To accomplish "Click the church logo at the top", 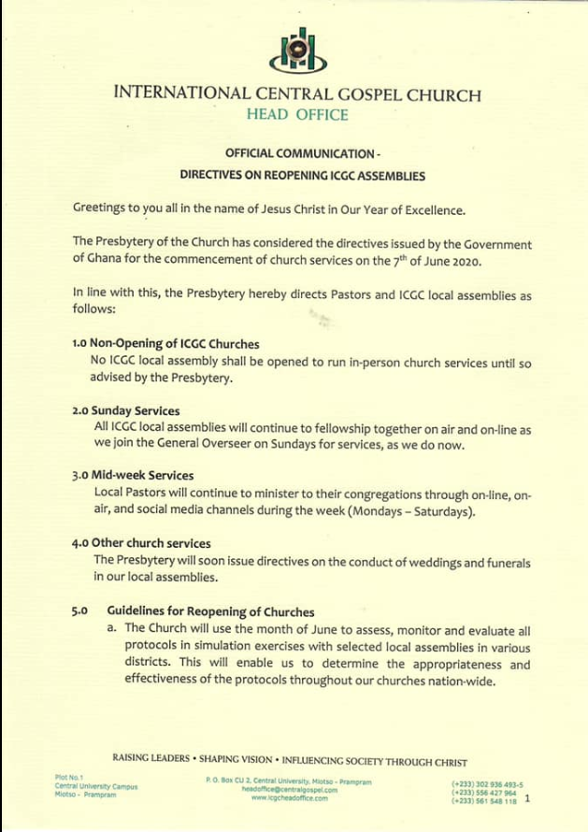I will pos(297,49).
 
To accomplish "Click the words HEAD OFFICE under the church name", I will pos(297,115).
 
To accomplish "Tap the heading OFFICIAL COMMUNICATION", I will pos(302,152).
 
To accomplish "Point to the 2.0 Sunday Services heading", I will pos(126,410).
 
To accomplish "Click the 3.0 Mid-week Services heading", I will pos(133,475).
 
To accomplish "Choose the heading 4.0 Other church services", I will pos(141,542).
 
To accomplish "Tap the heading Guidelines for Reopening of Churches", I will pos(210,611).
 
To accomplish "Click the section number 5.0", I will pos(79,611).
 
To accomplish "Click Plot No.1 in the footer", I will pos(69,778).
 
